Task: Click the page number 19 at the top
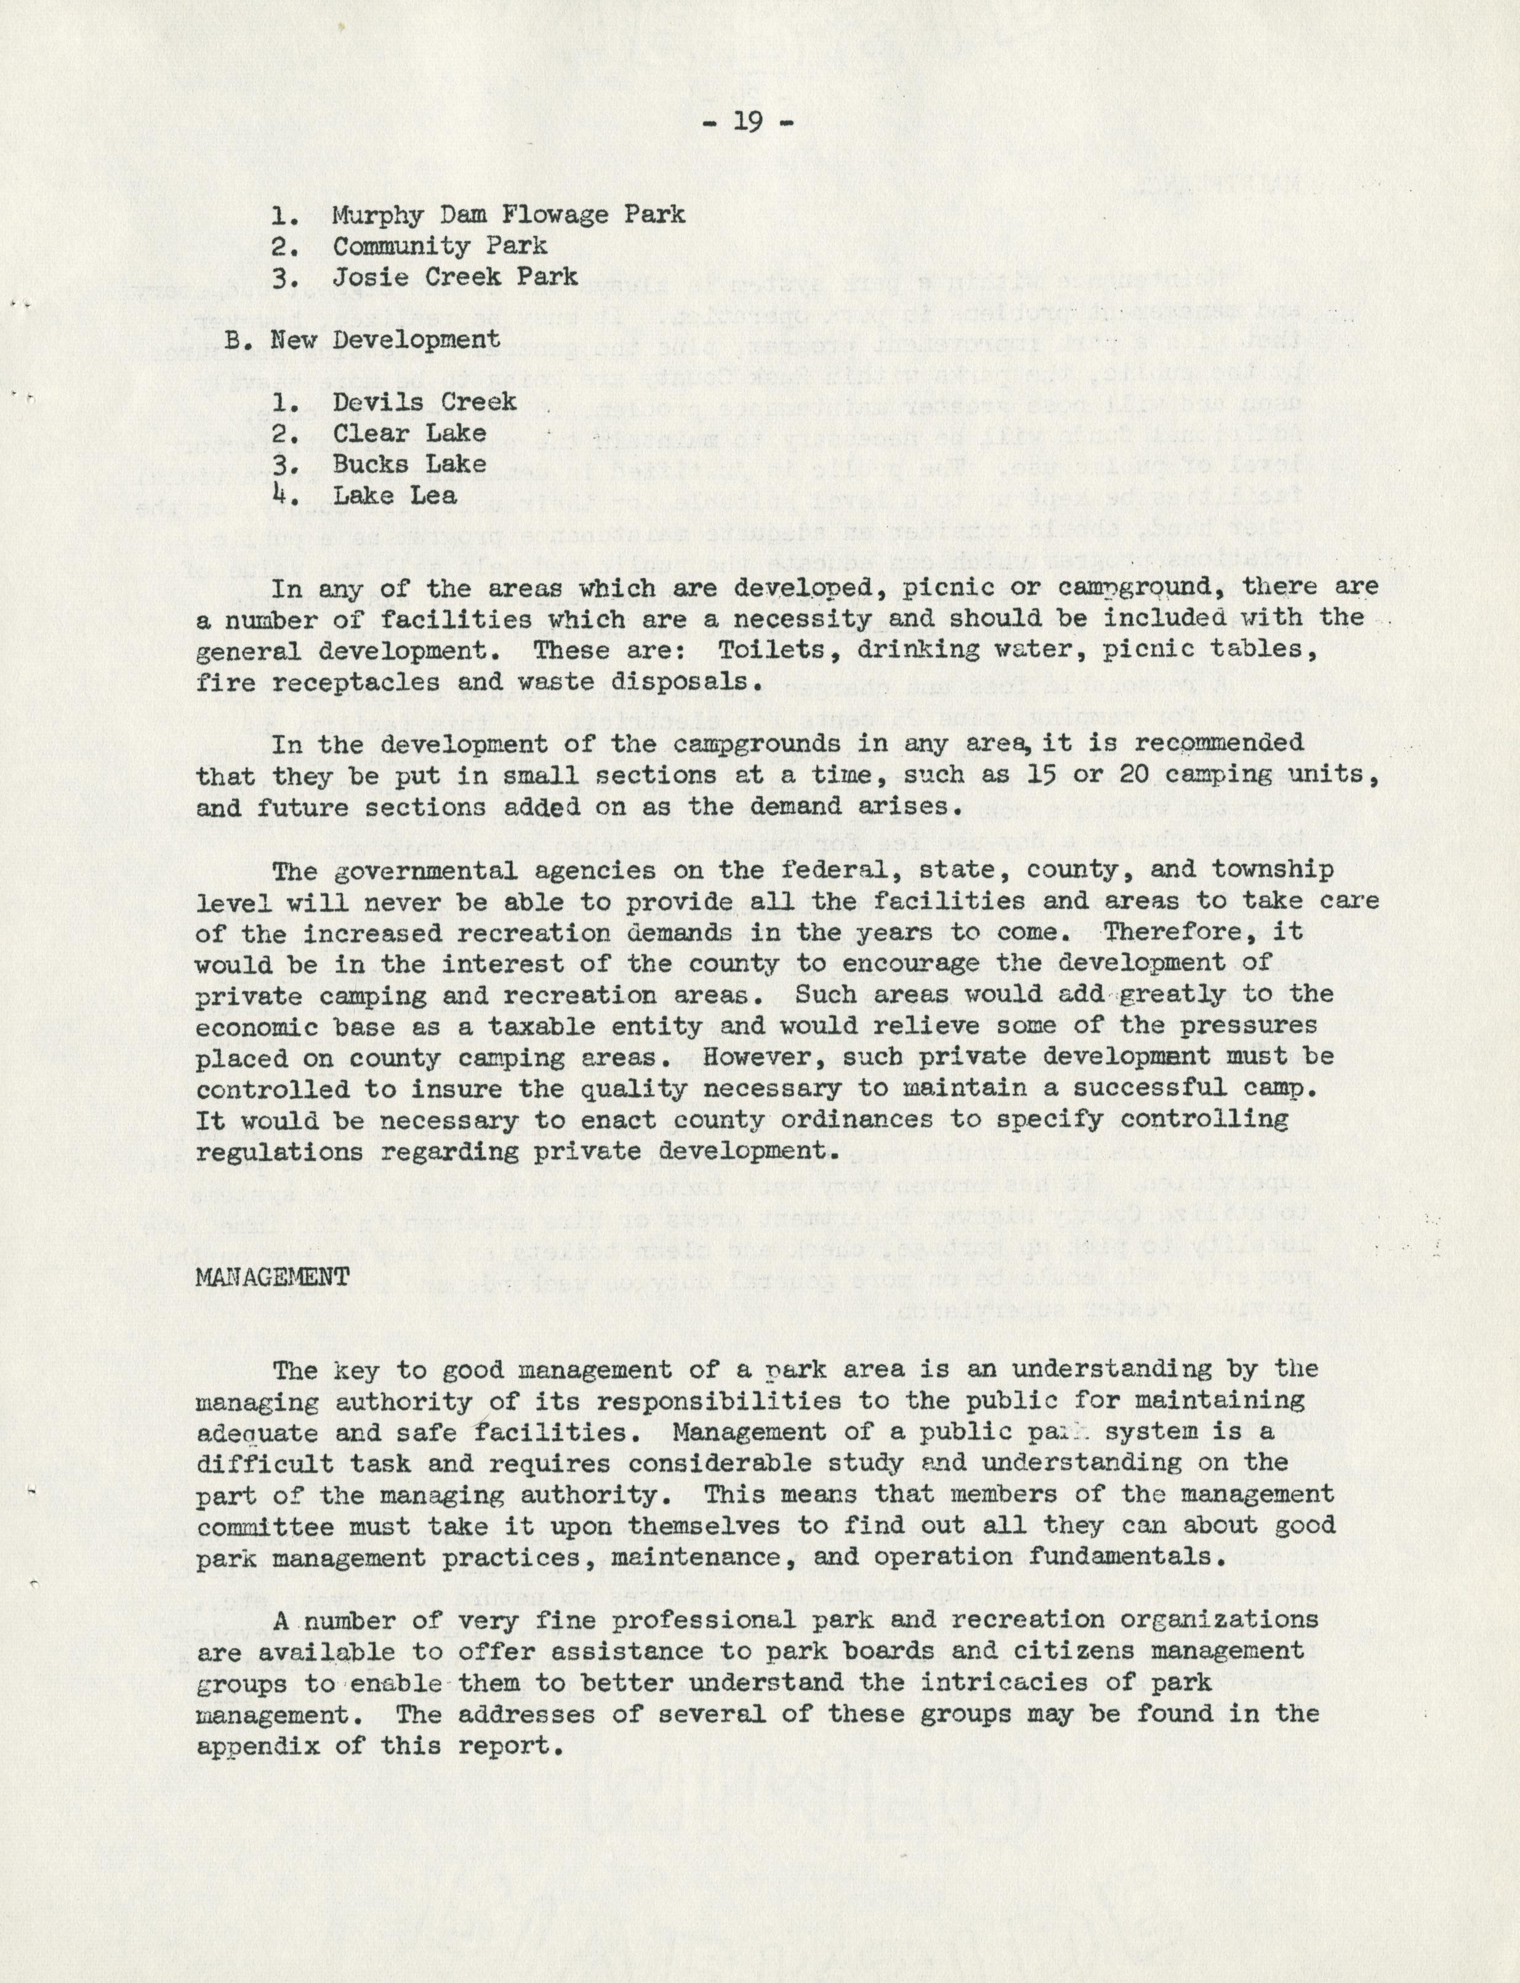748,121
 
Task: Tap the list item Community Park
440,246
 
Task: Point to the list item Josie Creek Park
455,277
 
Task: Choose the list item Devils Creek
424,401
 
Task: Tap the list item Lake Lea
395,496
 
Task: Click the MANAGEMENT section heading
272,1276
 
